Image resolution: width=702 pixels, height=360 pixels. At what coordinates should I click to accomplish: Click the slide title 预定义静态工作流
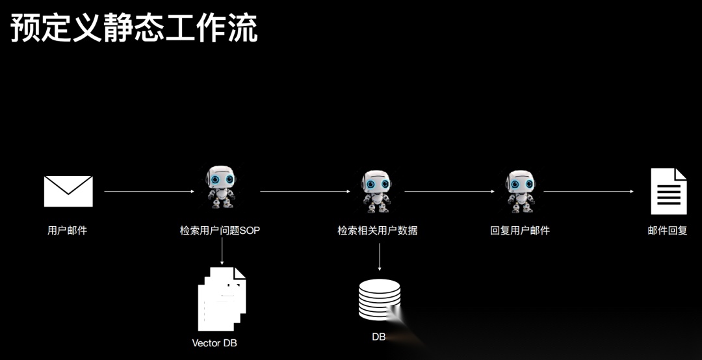pos(134,29)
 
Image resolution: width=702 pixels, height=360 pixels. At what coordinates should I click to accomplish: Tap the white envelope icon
pos(68,191)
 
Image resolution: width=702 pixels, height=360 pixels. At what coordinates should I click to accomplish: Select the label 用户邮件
pos(67,230)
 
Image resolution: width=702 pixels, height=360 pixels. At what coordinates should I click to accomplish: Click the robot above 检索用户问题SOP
pos(220,187)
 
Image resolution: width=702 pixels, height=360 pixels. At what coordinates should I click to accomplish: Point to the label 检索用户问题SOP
pos(220,230)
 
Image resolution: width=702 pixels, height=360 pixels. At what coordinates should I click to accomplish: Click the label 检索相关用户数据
pos(377,230)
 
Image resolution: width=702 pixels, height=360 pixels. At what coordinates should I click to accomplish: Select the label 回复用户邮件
pos(520,230)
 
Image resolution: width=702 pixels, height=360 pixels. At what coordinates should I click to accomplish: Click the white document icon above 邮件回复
pos(669,191)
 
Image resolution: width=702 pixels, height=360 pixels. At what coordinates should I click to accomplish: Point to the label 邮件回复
pos(667,230)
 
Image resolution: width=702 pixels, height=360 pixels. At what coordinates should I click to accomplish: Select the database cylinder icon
pos(380,299)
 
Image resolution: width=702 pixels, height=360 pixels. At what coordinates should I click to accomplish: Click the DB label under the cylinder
pos(379,337)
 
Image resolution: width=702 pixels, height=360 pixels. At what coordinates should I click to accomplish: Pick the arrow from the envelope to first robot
pos(149,191)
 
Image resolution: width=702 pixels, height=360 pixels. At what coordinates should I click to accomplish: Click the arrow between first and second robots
pos(305,191)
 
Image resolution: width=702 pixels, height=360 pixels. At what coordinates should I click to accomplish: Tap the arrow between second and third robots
pos(449,191)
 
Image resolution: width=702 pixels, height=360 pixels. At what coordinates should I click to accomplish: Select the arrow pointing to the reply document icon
pos(588,191)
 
